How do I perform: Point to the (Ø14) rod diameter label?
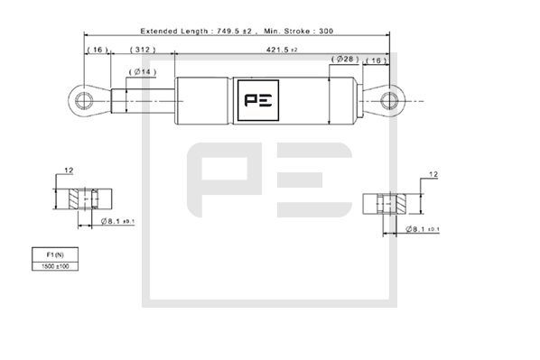coord(143,71)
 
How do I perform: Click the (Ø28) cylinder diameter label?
coord(345,60)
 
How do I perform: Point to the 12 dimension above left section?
coord(69,171)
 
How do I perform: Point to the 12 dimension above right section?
coord(433,175)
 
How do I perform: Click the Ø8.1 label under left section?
coord(115,221)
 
